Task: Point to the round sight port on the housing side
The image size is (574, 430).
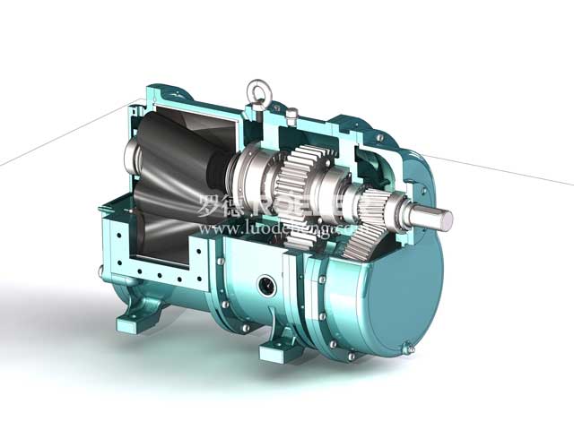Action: [x=266, y=285]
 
